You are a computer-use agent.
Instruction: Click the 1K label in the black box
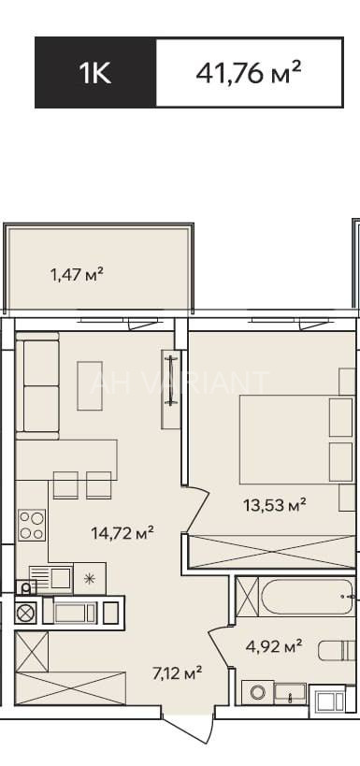95,73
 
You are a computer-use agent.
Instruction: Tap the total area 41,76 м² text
248,73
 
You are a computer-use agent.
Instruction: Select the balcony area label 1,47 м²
78,275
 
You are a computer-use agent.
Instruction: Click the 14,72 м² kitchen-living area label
122,532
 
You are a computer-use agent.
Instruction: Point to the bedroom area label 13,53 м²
275,504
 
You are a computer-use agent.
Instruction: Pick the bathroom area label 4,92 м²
273,647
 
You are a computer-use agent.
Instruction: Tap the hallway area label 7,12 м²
178,674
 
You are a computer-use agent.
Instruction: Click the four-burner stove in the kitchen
32,525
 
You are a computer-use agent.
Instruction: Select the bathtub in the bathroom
307,596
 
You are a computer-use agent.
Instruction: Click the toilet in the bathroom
337,650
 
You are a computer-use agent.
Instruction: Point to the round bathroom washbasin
257,692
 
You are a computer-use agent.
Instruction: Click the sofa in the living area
37,386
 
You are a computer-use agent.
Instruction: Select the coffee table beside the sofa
90,386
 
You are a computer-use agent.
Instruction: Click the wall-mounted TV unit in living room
170,389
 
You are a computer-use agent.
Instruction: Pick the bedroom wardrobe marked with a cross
272,552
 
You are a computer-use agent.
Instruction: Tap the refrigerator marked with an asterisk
90,579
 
